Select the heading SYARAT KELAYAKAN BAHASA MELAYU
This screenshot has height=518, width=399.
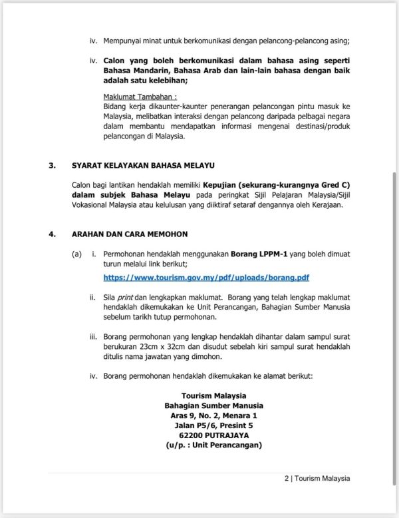click(x=138, y=166)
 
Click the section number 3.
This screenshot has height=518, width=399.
click(x=52, y=166)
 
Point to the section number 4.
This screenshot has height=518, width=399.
click(x=52, y=234)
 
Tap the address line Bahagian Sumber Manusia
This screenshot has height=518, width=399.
click(x=213, y=405)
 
